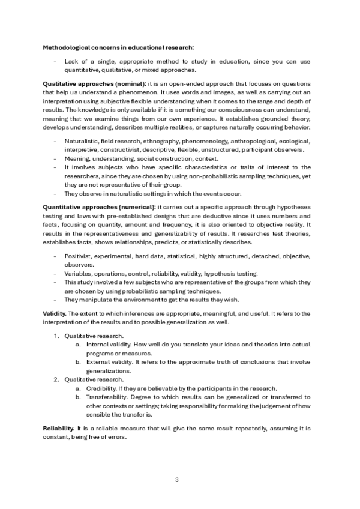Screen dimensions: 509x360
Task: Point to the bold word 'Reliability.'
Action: click(58, 427)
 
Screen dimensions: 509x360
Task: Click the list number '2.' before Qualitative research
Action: click(56, 379)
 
